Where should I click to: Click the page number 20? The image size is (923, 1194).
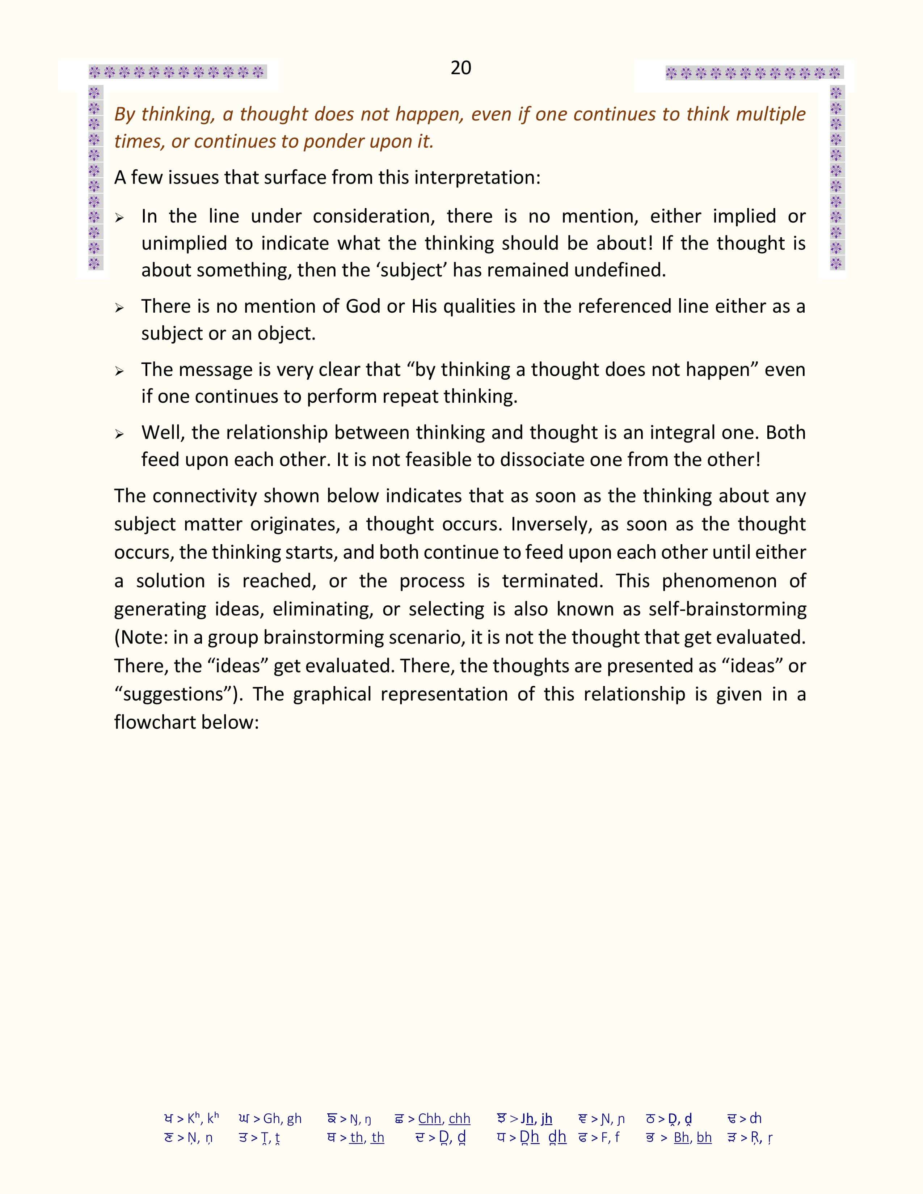pos(461,68)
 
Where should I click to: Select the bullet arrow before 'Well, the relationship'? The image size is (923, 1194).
pos(119,435)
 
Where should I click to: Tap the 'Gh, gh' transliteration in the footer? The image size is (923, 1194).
pos(282,1118)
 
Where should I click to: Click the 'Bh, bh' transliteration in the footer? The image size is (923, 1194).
pos(692,1138)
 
